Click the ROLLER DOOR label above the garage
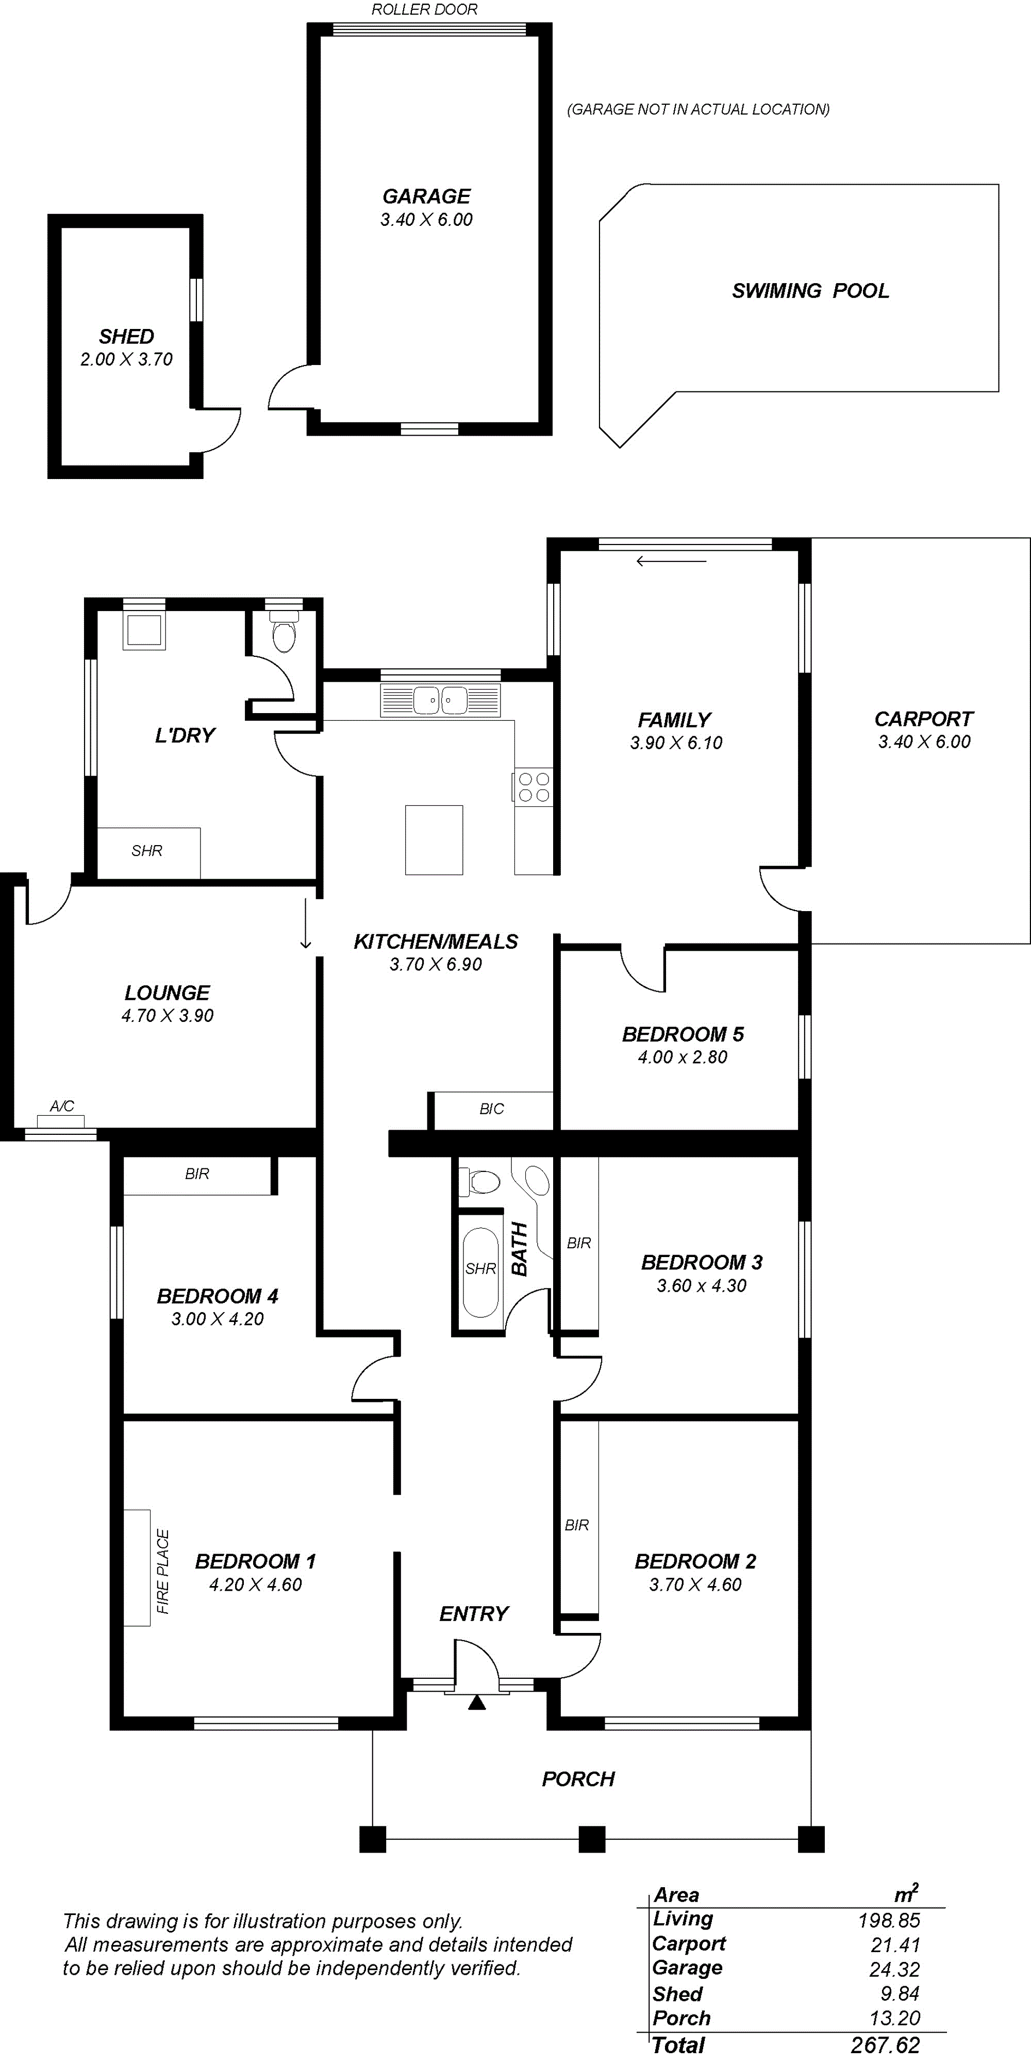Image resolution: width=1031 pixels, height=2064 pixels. [x=425, y=10]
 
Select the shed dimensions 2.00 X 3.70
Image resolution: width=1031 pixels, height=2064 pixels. [x=127, y=359]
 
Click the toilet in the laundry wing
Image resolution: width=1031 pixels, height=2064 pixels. [x=284, y=632]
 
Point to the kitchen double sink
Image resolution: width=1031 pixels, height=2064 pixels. [x=441, y=700]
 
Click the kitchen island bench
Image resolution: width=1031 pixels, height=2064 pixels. [x=434, y=840]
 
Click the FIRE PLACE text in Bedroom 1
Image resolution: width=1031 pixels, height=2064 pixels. [x=162, y=1571]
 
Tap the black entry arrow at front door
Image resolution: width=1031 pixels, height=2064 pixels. [x=477, y=1703]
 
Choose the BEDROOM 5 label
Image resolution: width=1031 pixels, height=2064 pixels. [x=683, y=1034]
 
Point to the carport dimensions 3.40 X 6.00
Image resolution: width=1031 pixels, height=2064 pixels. [x=924, y=742]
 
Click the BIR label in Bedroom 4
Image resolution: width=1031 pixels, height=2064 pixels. [x=197, y=1174]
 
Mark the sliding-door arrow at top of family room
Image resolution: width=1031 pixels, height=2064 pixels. [x=671, y=561]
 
